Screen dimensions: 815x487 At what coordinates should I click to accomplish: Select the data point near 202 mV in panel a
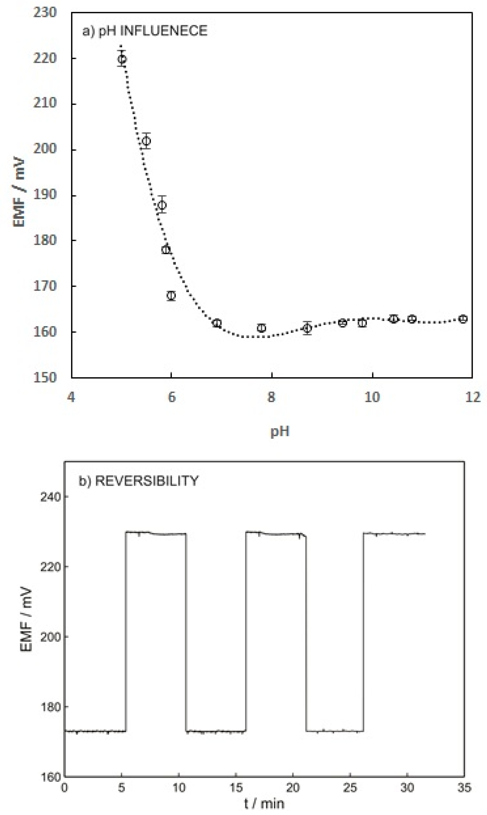point(146,141)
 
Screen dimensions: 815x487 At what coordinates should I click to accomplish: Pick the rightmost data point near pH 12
point(463,319)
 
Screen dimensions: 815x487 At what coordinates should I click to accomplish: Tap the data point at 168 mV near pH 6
point(171,295)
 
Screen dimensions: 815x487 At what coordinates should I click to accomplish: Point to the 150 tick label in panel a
point(45,377)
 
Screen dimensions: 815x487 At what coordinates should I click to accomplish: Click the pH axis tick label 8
point(271,397)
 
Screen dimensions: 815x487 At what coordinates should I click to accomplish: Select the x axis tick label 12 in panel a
point(473,397)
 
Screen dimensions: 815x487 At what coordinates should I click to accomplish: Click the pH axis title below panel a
point(280,431)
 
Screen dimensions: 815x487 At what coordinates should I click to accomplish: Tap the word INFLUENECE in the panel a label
point(164,31)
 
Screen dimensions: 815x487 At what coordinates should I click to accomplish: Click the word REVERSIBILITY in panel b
point(147,481)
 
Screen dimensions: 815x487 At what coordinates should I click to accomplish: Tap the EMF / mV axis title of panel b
point(26,620)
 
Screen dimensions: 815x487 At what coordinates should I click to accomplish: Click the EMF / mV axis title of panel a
point(19,192)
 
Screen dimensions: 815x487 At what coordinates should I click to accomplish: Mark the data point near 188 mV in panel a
point(162,205)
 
